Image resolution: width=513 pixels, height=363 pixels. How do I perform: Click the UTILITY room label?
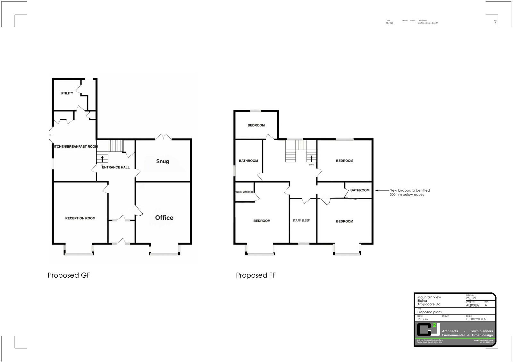(x=67, y=93)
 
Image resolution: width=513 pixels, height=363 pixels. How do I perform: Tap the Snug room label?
(x=163, y=161)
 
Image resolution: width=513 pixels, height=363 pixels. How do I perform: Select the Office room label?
(x=164, y=218)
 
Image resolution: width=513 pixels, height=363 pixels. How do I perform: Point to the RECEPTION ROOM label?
(x=80, y=218)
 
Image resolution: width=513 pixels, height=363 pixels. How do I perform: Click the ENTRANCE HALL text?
(x=116, y=167)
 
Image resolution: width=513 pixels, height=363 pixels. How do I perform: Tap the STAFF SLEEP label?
(x=301, y=220)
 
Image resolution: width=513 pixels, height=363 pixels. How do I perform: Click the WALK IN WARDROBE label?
(x=245, y=192)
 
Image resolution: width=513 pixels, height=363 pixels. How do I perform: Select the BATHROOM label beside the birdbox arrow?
(x=360, y=190)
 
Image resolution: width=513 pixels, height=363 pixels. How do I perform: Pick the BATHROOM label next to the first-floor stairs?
(x=248, y=161)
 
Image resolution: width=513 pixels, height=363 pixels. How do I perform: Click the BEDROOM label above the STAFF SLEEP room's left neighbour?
(x=262, y=221)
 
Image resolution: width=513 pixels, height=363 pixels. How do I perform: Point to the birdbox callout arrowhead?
(x=377, y=190)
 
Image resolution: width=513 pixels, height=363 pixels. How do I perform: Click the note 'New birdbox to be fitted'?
(x=409, y=190)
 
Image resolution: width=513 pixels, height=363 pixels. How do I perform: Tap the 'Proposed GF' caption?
(x=69, y=275)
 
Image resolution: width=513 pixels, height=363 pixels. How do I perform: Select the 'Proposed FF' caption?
(x=256, y=275)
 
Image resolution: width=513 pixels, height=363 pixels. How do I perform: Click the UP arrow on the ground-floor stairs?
(x=102, y=159)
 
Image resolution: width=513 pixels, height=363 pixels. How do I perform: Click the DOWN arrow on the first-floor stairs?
(x=311, y=159)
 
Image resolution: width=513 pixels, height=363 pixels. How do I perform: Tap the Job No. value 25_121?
(x=471, y=298)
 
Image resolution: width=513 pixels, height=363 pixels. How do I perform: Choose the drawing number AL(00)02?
(x=473, y=305)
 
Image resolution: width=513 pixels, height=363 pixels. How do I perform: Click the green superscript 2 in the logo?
(x=434, y=325)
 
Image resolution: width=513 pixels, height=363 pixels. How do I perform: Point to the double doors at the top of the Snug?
(x=164, y=137)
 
